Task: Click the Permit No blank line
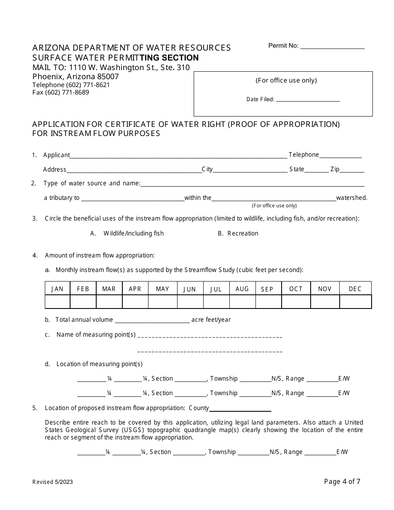[x=332, y=47]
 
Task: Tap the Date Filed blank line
[x=308, y=100]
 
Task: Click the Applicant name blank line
[x=178, y=156]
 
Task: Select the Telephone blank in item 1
[x=340, y=156]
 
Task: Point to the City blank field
[x=250, y=170]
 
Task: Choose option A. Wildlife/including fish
[x=127, y=233]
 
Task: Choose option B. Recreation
[x=238, y=233]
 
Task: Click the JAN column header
[x=57, y=289]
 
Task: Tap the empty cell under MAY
[x=162, y=302]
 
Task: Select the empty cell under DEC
[x=355, y=302]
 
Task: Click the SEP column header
[x=267, y=289]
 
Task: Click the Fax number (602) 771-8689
[x=61, y=92]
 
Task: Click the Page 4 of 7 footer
[x=342, y=481]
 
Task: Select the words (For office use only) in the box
[x=286, y=80]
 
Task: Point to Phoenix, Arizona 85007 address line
[x=75, y=77]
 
